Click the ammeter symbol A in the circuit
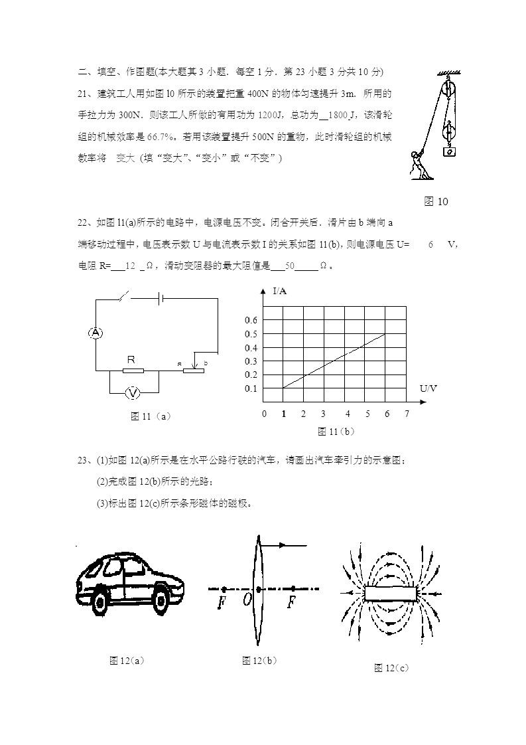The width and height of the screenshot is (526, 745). [96, 333]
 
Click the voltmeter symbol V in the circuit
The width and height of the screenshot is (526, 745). [133, 393]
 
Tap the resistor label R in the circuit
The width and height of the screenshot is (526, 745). [131, 359]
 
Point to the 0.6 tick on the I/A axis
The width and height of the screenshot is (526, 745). [251, 321]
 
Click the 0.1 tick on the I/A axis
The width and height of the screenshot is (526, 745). [251, 388]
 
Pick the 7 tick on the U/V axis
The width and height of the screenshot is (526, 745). [407, 414]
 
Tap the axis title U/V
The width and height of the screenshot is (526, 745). [428, 388]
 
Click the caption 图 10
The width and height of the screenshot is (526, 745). [436, 202]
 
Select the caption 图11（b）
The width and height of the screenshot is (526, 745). [336, 432]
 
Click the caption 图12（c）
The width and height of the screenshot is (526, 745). [391, 667]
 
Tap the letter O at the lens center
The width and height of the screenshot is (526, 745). [247, 600]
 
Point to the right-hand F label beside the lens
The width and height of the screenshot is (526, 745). [291, 602]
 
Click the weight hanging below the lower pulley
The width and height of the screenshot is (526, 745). [450, 151]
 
